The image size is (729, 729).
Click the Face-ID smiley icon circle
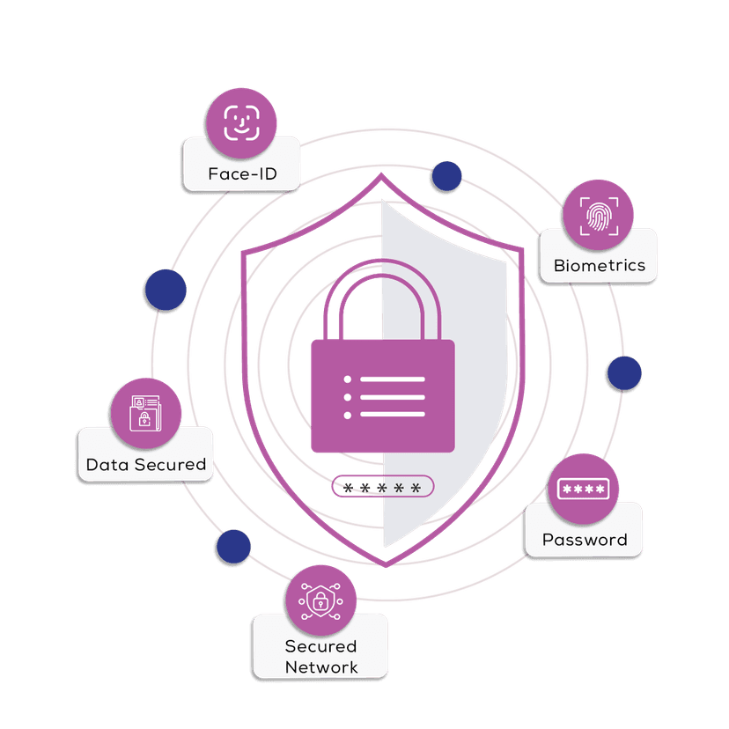point(241,123)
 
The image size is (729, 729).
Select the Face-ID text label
point(242,173)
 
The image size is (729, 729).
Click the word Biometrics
point(600,265)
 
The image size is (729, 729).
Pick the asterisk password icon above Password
point(583,489)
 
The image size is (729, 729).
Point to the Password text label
point(585,540)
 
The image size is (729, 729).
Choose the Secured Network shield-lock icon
point(320,601)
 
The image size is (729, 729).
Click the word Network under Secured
point(321,666)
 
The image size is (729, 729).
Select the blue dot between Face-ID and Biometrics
point(447,177)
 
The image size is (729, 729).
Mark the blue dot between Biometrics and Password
point(623,373)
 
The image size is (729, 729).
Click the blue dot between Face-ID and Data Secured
point(166,290)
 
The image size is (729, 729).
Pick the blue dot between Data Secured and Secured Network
point(232,548)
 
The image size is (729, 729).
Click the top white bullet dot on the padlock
point(348,379)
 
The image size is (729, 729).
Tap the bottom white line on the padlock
point(393,414)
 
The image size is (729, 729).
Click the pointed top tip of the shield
point(381,175)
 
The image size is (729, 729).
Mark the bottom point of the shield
point(381,563)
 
